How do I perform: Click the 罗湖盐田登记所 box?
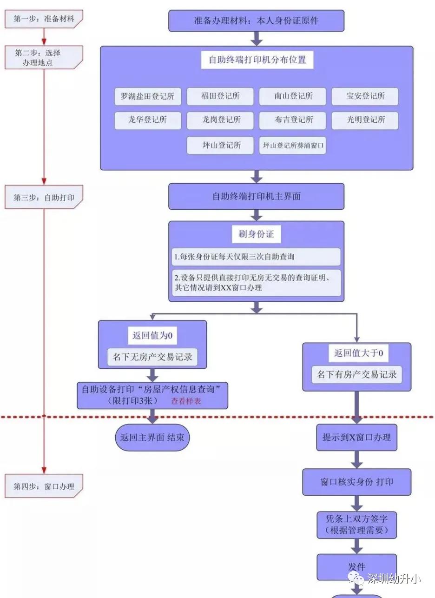point(147,97)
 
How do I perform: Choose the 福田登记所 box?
point(220,97)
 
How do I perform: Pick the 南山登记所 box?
point(293,97)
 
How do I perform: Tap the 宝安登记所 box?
point(365,97)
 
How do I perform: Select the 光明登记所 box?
point(365,120)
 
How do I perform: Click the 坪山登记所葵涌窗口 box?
point(293,145)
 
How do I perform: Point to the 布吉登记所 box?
point(293,120)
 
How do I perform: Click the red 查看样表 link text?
point(186,401)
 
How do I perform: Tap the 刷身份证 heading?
point(256,234)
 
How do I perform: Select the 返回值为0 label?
point(152,335)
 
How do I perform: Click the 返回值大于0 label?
point(357,353)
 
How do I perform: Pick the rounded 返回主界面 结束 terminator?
point(152,438)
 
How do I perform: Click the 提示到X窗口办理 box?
point(356,438)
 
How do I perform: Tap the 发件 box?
point(356,567)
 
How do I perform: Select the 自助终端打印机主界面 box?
point(256,196)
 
